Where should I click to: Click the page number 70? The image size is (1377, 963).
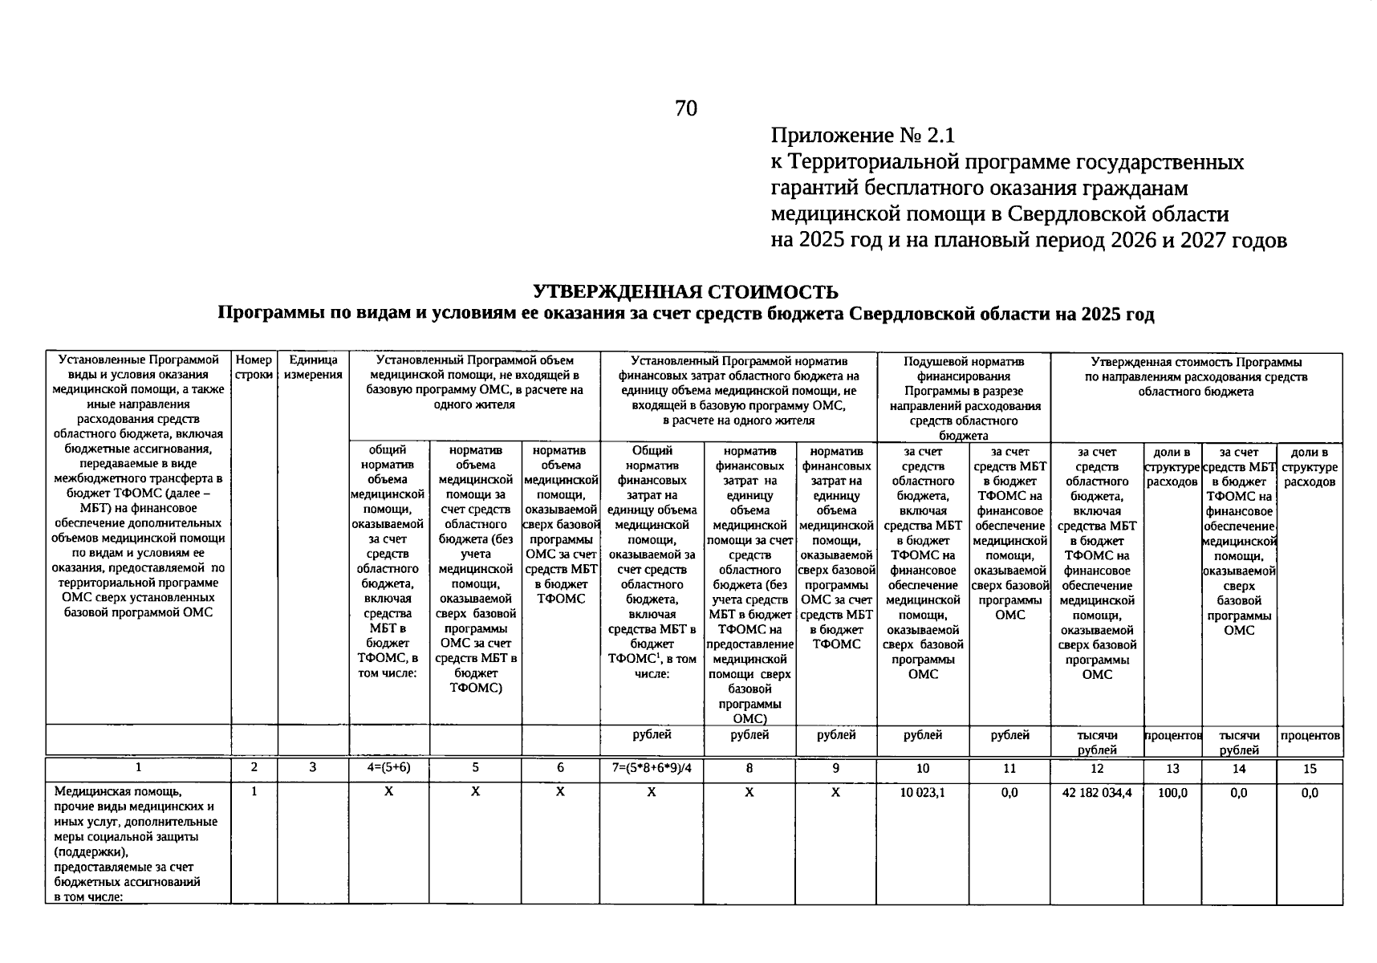click(686, 108)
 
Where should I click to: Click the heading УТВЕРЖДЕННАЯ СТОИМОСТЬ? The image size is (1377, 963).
click(686, 291)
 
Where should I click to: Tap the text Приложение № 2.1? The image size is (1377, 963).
click(863, 135)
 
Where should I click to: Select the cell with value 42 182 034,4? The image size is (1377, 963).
click(1096, 793)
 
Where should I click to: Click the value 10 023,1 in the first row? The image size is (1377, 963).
click(923, 793)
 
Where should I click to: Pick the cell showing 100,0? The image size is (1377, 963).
click(1172, 793)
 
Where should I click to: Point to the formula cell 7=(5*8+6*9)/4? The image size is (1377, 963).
click(652, 768)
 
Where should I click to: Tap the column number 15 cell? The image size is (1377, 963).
click(1310, 769)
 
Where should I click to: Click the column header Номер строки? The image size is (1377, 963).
click(254, 368)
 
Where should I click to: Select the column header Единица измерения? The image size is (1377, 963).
click(313, 368)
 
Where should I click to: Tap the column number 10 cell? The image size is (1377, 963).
click(923, 769)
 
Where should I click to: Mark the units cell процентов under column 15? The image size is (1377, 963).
click(1310, 735)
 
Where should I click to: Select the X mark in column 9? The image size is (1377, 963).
click(835, 793)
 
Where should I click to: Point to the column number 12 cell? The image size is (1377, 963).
click(1096, 769)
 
